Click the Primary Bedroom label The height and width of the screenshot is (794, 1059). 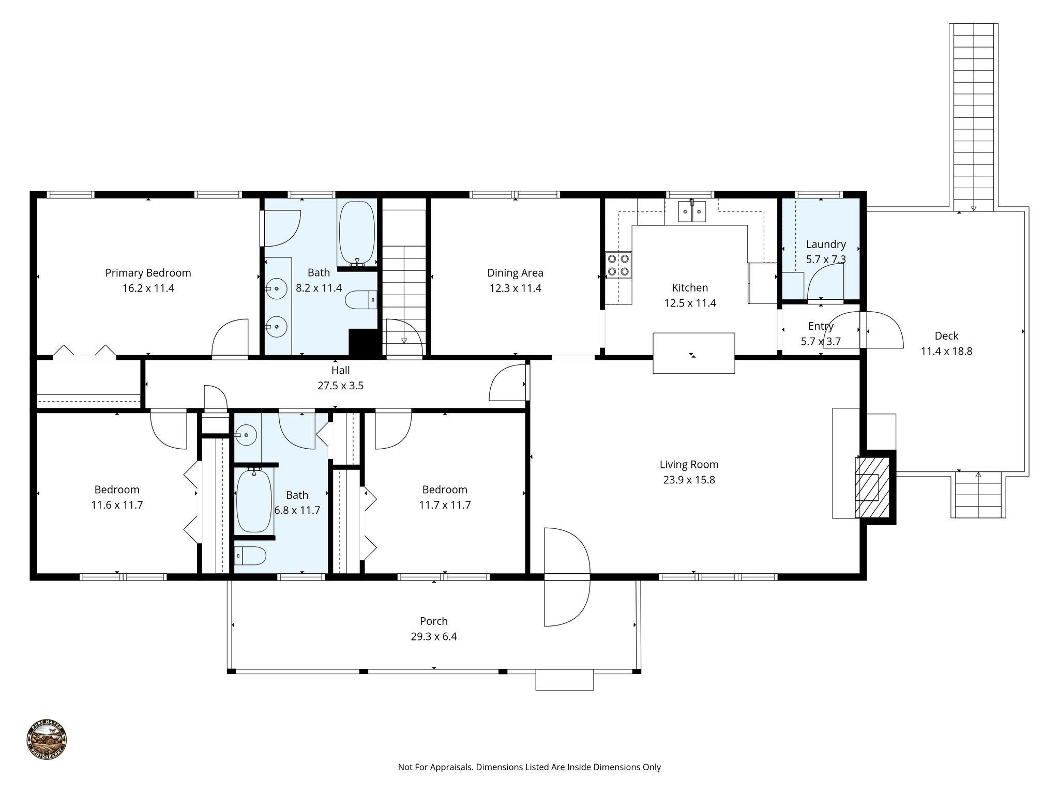click(x=148, y=273)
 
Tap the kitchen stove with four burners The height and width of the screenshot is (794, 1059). click(x=618, y=265)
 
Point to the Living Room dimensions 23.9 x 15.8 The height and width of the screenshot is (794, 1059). click(x=689, y=480)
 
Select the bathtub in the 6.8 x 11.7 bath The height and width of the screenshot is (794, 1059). click(x=254, y=501)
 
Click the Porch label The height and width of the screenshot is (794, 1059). click(x=433, y=621)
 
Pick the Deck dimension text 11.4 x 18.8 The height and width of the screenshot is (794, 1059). click(x=946, y=352)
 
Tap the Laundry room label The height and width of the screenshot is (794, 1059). click(x=826, y=244)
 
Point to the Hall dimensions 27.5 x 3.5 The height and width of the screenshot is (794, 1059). click(x=340, y=386)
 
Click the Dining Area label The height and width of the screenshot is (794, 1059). click(x=515, y=273)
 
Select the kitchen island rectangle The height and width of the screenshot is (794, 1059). click(x=693, y=353)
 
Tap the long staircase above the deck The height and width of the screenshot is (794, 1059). click(x=973, y=116)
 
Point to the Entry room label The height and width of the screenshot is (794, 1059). click(x=821, y=326)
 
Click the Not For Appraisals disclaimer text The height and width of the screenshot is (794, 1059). click(x=529, y=767)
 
